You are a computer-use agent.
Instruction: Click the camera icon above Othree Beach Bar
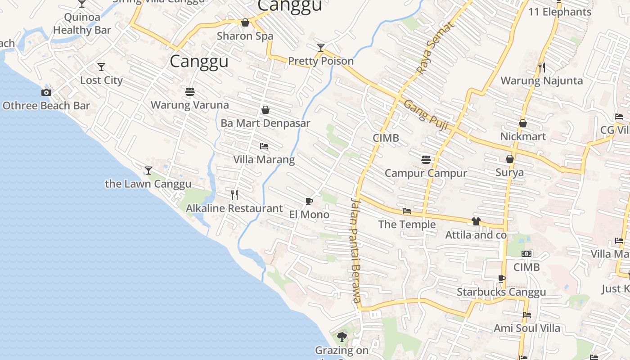tap(46, 92)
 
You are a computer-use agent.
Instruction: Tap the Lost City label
tap(101, 80)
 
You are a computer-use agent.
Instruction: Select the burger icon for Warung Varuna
tap(190, 92)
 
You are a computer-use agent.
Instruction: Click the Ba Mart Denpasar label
tap(265, 123)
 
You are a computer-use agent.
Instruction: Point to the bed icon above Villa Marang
tap(264, 146)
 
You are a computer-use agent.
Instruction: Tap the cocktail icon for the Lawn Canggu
tap(148, 170)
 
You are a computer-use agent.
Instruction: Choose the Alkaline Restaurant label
tap(234, 208)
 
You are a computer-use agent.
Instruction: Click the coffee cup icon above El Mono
tap(309, 201)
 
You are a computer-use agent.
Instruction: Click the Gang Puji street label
tap(426, 115)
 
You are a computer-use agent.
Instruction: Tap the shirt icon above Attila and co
tap(476, 221)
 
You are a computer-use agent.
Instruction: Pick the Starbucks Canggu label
tap(501, 292)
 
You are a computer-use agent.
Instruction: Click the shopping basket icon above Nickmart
tap(523, 123)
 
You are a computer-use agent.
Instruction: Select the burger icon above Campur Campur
tap(426, 159)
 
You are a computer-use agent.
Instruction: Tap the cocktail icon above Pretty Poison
tap(321, 47)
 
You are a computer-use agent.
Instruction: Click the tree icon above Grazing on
tap(342, 336)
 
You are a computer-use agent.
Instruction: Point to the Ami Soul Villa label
tap(527, 328)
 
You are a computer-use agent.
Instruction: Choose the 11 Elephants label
tap(560, 12)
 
